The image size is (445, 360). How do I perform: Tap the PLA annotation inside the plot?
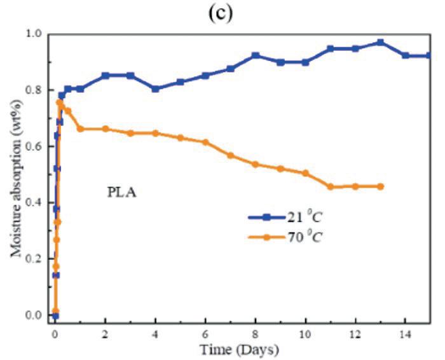click(x=121, y=193)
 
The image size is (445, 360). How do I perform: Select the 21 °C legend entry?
click(x=285, y=218)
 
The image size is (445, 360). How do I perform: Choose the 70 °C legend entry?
click(x=285, y=237)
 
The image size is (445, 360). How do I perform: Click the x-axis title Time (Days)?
click(x=239, y=350)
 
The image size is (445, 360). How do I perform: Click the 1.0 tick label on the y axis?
click(x=34, y=34)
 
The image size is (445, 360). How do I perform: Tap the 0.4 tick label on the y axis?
click(x=34, y=202)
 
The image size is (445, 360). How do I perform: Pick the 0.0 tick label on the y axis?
click(x=34, y=315)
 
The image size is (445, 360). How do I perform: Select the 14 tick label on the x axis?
click(x=406, y=335)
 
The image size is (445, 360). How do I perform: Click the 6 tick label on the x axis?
click(x=205, y=335)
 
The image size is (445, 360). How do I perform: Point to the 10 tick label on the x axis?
click(x=305, y=335)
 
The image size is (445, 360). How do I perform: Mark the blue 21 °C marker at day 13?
click(x=380, y=43)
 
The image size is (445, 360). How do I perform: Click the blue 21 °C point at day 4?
click(x=155, y=89)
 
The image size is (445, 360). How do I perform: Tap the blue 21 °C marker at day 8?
click(x=256, y=55)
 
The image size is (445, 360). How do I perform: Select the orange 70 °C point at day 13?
click(x=380, y=186)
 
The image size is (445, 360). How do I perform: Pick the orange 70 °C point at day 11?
click(x=331, y=187)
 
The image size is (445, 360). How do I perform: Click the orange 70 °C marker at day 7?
click(x=230, y=155)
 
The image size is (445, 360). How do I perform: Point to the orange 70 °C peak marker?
click(x=60, y=102)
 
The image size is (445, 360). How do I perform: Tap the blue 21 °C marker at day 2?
click(x=106, y=76)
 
